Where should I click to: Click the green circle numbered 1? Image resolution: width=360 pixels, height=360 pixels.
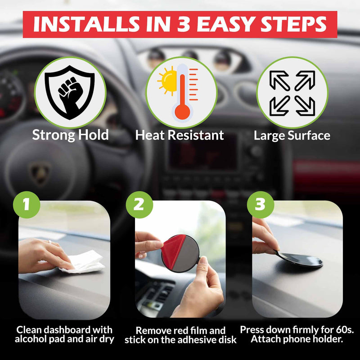[x=27, y=205]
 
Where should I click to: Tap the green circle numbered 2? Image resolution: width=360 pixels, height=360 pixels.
[x=139, y=205]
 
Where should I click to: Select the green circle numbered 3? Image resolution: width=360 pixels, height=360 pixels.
[x=261, y=205]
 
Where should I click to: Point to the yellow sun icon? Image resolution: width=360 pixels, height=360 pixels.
[x=167, y=81]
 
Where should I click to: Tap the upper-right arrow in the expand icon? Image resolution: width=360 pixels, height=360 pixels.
[x=305, y=81]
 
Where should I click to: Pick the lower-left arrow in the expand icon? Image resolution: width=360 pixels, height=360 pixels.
[x=280, y=106]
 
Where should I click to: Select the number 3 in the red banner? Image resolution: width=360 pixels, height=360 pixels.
[x=184, y=24]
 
